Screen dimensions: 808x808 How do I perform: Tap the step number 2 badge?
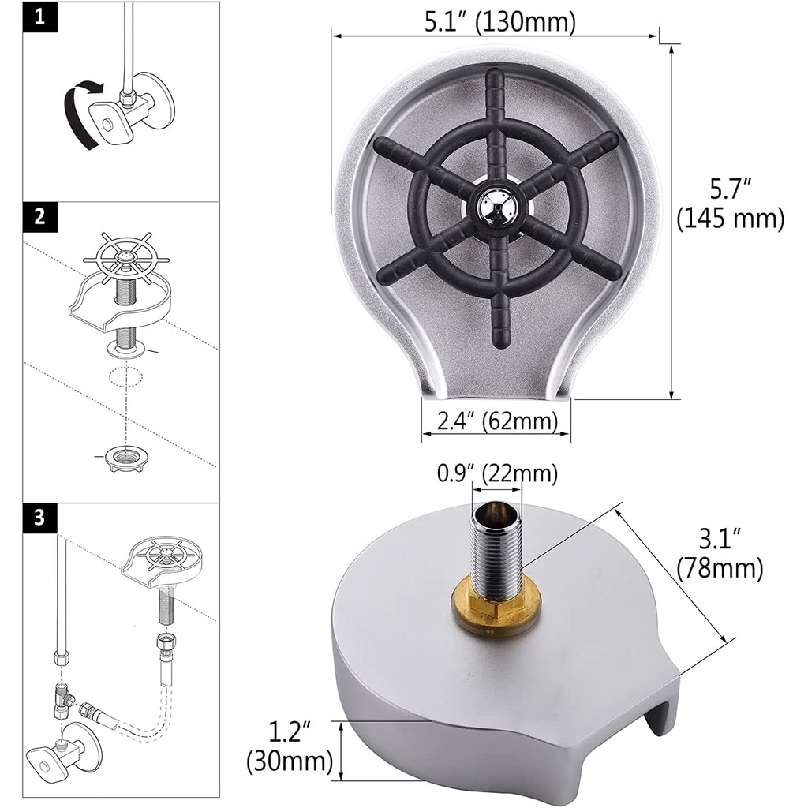click(x=40, y=217)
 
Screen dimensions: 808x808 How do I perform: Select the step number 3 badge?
click(x=40, y=518)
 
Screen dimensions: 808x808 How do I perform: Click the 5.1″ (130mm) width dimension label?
click(x=499, y=21)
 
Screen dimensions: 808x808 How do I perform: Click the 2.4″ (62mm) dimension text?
click(x=497, y=421)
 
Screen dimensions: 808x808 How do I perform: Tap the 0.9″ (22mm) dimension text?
click(x=497, y=473)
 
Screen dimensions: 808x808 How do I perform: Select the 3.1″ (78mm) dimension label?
click(x=720, y=554)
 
